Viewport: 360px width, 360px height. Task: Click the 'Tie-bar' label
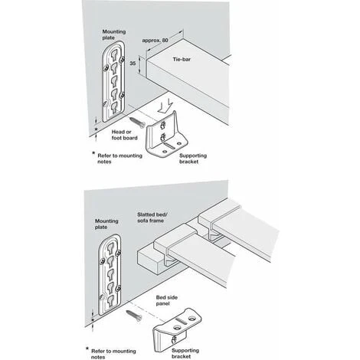182,59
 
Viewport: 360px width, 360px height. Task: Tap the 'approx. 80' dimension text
155,41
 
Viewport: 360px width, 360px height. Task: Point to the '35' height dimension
133,63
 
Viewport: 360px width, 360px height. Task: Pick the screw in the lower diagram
134,316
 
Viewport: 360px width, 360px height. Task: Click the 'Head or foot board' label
124,135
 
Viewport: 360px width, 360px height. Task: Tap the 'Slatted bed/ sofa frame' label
154,218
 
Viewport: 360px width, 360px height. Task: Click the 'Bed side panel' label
167,300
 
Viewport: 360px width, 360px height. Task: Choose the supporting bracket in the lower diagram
176,329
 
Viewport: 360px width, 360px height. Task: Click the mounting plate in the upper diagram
113,82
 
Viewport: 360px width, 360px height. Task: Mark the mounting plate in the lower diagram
110,274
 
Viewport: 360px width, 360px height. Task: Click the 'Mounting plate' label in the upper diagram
114,34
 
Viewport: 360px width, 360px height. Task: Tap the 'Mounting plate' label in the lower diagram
106,224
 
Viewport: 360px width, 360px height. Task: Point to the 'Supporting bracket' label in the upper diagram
193,159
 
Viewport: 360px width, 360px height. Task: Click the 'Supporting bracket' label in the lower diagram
185,354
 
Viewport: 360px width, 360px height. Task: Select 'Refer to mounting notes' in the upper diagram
119,159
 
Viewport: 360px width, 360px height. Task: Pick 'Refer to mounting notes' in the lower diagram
113,354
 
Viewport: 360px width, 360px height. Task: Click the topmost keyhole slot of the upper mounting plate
114,54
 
